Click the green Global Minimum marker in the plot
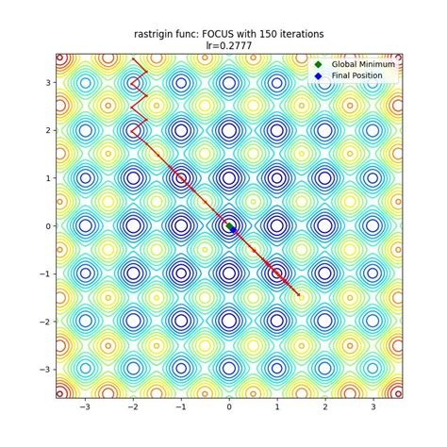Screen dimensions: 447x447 [x=229, y=226]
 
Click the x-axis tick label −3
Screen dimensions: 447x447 [x=85, y=407]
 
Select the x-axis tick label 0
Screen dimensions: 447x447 [x=229, y=407]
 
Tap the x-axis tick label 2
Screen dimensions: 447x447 [x=325, y=407]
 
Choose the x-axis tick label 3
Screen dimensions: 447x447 [x=373, y=407]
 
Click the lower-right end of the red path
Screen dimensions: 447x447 [x=299, y=295]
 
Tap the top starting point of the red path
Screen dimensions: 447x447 [x=133, y=58]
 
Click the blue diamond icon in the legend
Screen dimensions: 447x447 [x=320, y=74]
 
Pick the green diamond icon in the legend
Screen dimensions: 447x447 [x=320, y=63]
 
